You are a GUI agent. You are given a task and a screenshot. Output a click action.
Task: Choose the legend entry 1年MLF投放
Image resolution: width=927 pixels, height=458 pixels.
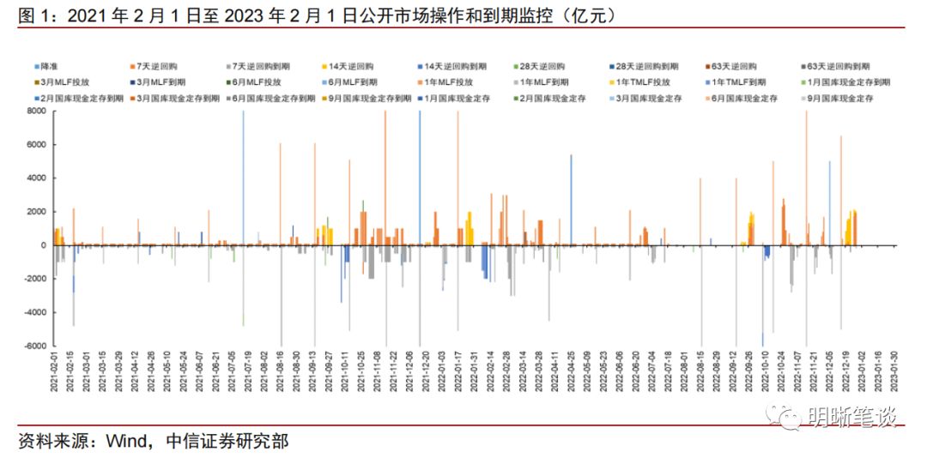click(450, 82)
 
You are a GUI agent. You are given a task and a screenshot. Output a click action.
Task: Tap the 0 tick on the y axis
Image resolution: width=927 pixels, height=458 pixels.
click(41, 245)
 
